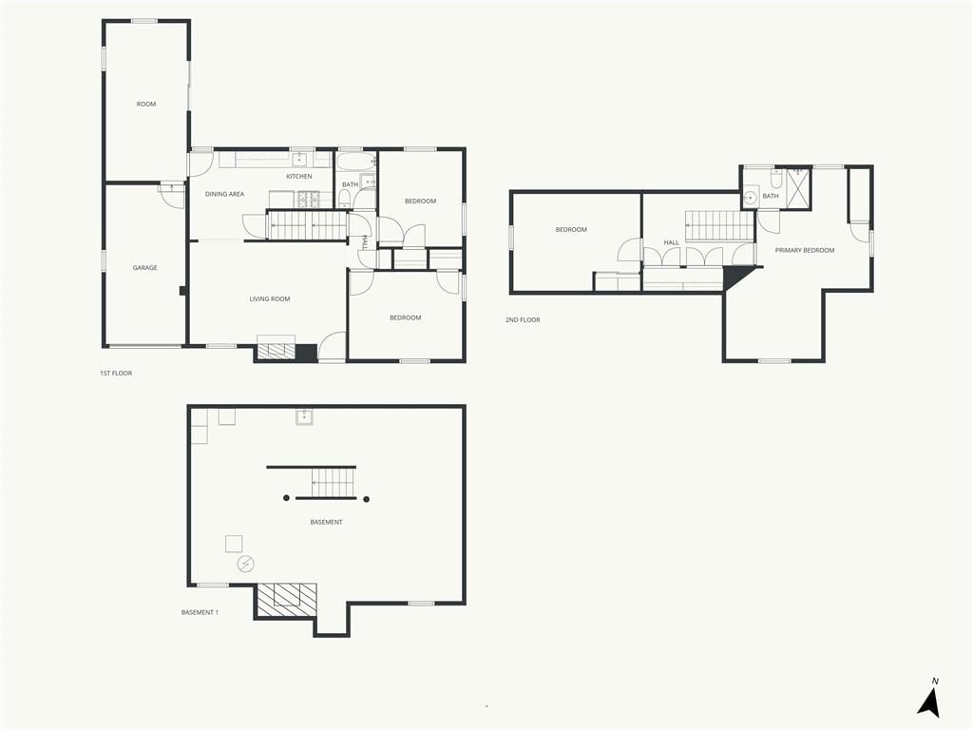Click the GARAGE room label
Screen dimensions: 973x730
(144, 267)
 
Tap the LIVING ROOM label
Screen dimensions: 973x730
(269, 298)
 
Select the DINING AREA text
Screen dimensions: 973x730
(224, 194)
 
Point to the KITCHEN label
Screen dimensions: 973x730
(299, 176)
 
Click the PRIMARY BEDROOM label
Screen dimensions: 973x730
(804, 250)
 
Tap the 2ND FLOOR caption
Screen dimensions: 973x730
(523, 319)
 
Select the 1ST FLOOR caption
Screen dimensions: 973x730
(116, 373)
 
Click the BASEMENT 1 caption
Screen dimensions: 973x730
(200, 612)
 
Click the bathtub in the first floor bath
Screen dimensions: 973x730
(356, 162)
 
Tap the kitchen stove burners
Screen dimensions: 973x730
(308, 200)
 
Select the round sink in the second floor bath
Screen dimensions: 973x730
(751, 198)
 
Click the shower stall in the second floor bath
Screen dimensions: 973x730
(797, 187)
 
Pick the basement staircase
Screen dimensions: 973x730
(334, 482)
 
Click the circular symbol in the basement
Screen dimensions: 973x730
(246, 564)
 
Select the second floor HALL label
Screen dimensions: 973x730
(671, 242)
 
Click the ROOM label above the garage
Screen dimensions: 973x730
(145, 104)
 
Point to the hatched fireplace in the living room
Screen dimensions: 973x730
(277, 351)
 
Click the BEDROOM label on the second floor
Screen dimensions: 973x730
(571, 230)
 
